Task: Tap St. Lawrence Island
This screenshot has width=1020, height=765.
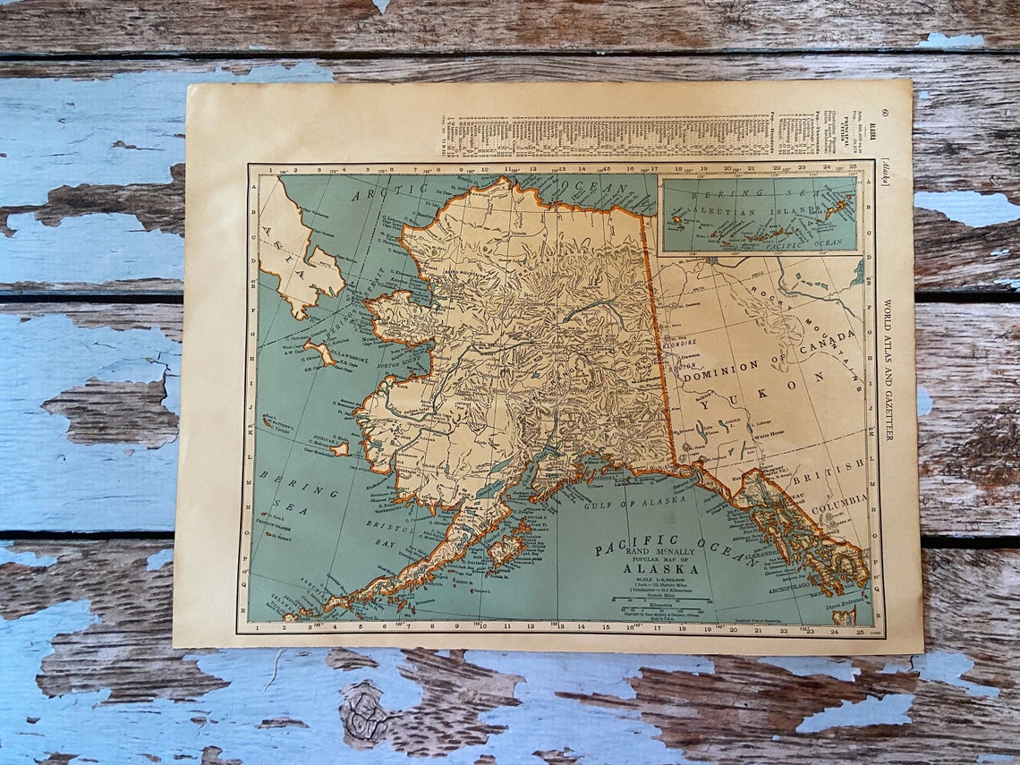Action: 319,352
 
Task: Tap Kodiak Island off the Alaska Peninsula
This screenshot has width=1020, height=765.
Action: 506,547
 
